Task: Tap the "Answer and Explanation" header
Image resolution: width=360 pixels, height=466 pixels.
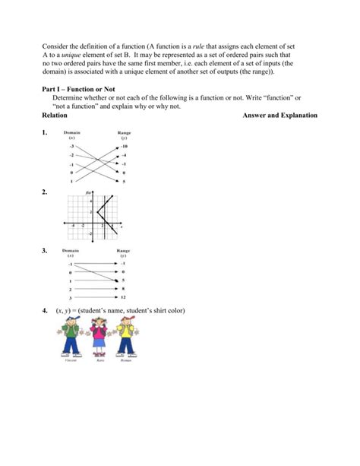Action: pyautogui.click(x=279, y=115)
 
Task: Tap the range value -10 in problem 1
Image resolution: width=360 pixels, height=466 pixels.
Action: pyautogui.click(x=124, y=145)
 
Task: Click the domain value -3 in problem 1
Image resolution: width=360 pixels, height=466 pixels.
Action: pyautogui.click(x=72, y=145)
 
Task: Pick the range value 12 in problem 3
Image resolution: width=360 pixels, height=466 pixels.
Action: pyautogui.click(x=124, y=297)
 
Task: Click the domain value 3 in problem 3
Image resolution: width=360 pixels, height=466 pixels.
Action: pyautogui.click(x=71, y=298)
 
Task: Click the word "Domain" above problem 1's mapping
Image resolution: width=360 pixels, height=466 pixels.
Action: pyautogui.click(x=73, y=132)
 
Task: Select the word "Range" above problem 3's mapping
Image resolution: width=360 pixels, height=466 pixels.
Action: pyautogui.click(x=124, y=250)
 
